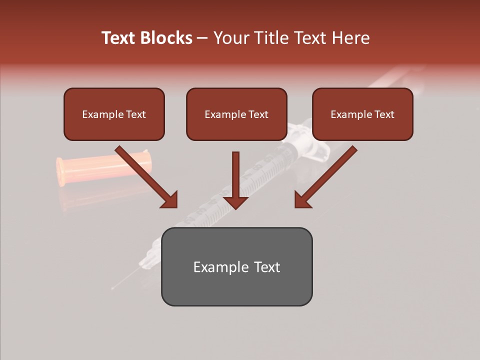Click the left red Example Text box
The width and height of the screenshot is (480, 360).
tap(114, 114)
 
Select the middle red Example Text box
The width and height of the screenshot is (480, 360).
tap(236, 114)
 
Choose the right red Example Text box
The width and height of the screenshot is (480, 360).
tap(362, 114)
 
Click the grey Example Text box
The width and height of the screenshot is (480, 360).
tap(236, 266)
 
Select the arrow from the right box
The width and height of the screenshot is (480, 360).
tap(325, 177)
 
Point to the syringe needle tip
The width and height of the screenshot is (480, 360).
tap(113, 288)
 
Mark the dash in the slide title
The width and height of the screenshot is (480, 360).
tap(202, 38)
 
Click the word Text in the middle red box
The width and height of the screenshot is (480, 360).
tap(258, 114)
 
